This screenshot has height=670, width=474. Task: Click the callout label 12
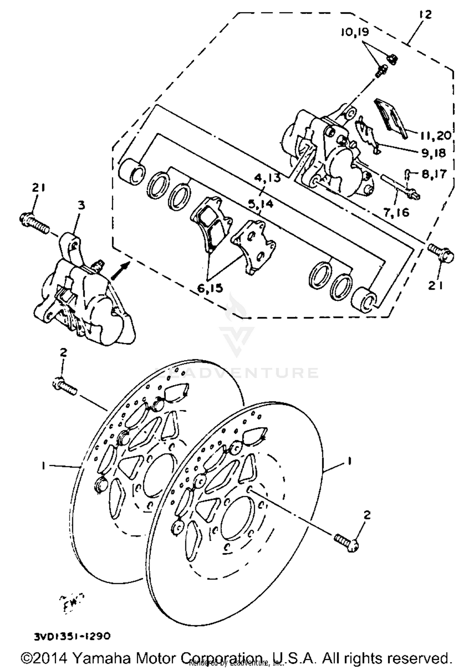pos(426,15)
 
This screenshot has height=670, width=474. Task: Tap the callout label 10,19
pos(355,32)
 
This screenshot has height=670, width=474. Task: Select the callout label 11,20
pos(435,136)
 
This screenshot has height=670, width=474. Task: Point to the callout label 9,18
pos(433,153)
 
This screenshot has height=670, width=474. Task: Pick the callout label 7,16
pos(396,212)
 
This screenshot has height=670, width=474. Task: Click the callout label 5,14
pos(260,204)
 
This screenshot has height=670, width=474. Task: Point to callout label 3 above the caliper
pos(81,206)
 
